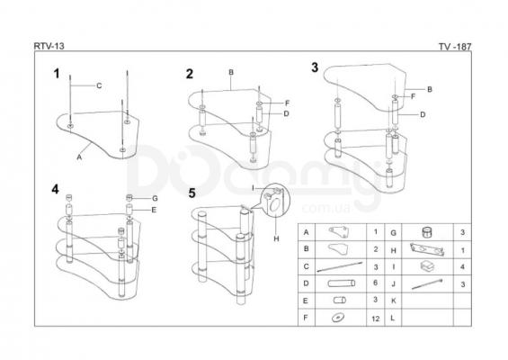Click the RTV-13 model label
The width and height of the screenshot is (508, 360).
tap(49, 46)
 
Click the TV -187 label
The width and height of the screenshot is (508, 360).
tap(455, 47)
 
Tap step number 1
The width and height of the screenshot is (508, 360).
tap(57, 74)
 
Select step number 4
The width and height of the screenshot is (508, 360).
tap(55, 189)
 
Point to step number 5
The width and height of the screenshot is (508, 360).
tap(192, 193)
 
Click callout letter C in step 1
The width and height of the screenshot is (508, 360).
tap(99, 85)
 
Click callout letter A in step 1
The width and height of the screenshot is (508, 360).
tap(79, 157)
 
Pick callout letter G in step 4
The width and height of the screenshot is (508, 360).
tap(155, 199)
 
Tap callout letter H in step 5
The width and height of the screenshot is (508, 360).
tap(276, 239)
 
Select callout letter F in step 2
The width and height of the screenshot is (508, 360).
tap(287, 103)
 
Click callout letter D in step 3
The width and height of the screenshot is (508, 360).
tap(423, 114)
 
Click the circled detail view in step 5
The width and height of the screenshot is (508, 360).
tap(276, 200)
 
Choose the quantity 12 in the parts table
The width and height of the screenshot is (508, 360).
tap(376, 319)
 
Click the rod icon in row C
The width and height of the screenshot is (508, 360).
tap(340, 266)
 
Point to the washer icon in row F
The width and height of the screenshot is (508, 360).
tap(338, 317)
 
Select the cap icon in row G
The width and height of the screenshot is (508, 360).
tap(428, 232)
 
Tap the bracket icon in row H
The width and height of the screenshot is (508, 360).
tap(427, 249)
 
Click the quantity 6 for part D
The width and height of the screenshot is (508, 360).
tap(375, 283)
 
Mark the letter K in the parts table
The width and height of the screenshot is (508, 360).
tap(393, 301)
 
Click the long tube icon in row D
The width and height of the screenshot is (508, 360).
tap(341, 283)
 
